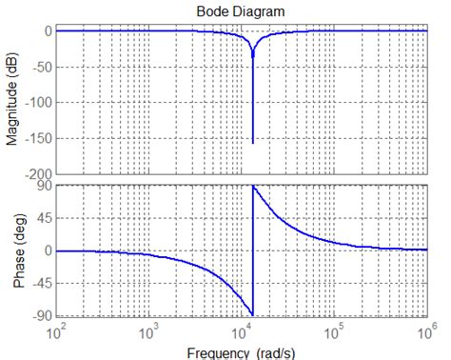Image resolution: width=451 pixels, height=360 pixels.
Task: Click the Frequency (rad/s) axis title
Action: click(x=242, y=351)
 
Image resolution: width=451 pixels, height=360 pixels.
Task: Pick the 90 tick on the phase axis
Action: click(x=43, y=186)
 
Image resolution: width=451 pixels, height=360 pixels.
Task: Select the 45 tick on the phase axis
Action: click(x=43, y=218)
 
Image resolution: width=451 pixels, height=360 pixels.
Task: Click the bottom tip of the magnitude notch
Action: click(x=253, y=144)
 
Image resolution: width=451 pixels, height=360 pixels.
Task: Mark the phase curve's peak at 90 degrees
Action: click(x=254, y=187)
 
